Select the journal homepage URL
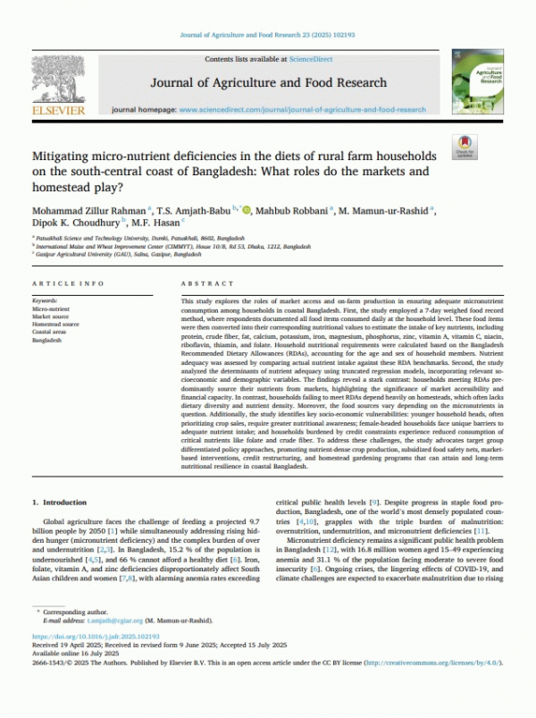click(303, 109)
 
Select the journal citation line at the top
click(268, 36)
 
